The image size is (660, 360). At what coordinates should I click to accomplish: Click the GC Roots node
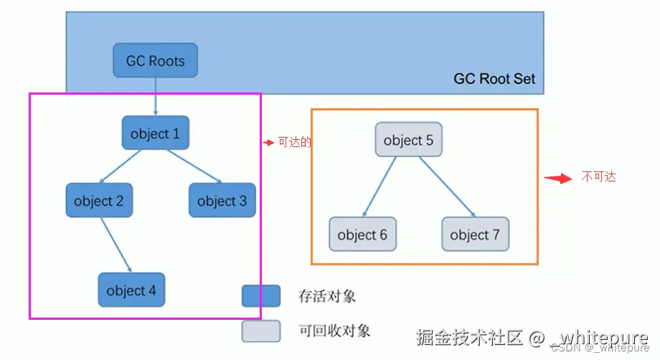(x=155, y=61)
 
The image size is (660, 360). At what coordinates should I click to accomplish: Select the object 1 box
(x=155, y=133)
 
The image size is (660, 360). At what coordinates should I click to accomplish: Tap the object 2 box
(x=99, y=201)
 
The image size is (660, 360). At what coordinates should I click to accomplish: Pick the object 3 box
(x=222, y=201)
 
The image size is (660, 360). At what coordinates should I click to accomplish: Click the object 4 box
(x=131, y=290)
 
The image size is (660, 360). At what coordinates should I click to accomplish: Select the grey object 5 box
(x=408, y=140)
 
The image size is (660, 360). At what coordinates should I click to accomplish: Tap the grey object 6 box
(x=362, y=235)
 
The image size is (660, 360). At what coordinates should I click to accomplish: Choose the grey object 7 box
(x=475, y=235)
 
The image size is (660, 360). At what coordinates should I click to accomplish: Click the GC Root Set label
(x=494, y=79)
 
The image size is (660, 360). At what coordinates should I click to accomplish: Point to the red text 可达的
(x=294, y=143)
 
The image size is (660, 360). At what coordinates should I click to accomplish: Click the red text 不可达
(x=598, y=177)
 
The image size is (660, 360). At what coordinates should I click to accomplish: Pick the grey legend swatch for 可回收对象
(x=260, y=331)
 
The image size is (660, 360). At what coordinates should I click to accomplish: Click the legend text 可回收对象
(x=334, y=331)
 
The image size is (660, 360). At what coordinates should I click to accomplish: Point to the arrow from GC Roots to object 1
(x=155, y=97)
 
